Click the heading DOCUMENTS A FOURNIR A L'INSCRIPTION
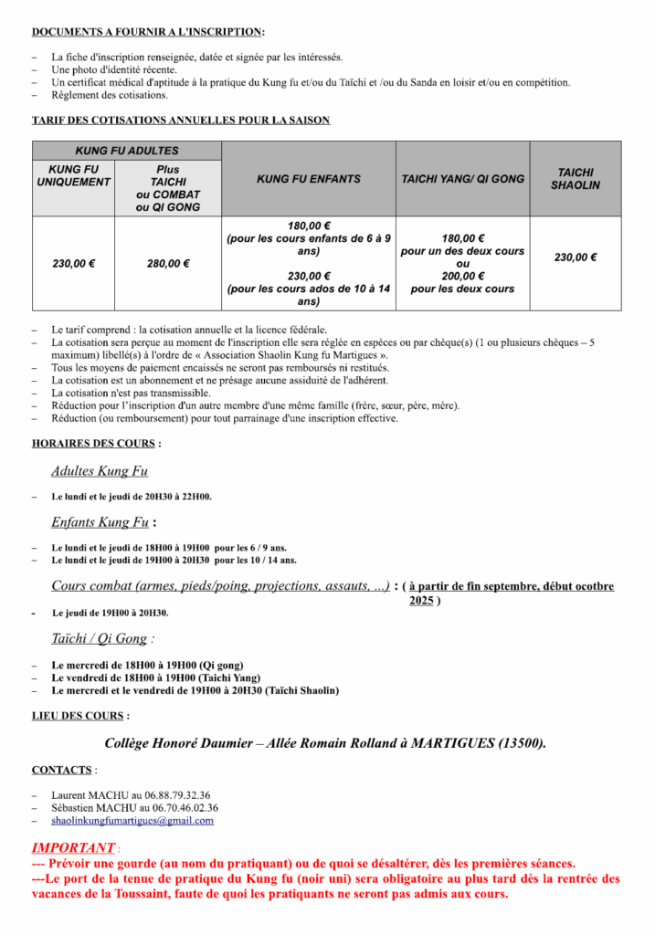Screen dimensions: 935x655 (x=147, y=32)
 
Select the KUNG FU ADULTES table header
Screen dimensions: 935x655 (x=126, y=151)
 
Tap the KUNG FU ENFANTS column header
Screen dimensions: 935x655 (x=309, y=179)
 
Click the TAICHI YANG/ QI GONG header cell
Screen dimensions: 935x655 (x=463, y=179)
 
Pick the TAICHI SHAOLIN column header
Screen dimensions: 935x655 (x=576, y=178)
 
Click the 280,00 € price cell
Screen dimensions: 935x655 (x=168, y=264)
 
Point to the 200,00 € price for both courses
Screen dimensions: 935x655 (x=463, y=277)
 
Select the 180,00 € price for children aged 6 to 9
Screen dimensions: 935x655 (x=309, y=226)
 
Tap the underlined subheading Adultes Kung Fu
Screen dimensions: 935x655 (x=100, y=471)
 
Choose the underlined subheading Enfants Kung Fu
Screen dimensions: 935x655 (x=100, y=522)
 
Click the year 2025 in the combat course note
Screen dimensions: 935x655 (x=421, y=600)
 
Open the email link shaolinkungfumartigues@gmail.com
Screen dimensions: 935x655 (x=132, y=820)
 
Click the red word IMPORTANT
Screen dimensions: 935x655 (x=74, y=847)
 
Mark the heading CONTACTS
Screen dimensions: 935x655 (x=62, y=770)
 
